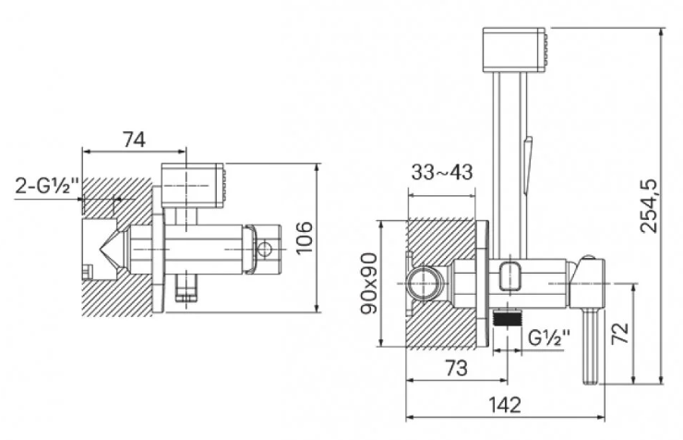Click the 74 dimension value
134,140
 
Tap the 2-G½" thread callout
47,186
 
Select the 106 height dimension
304,238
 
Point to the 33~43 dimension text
442,172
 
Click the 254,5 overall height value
649,206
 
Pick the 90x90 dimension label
369,283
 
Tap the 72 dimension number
620,334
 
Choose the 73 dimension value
456,369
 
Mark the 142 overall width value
505,405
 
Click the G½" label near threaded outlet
549,337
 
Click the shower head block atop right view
514,50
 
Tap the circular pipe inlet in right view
422,284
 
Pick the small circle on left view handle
264,250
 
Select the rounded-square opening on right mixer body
510,276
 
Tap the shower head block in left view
192,185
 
